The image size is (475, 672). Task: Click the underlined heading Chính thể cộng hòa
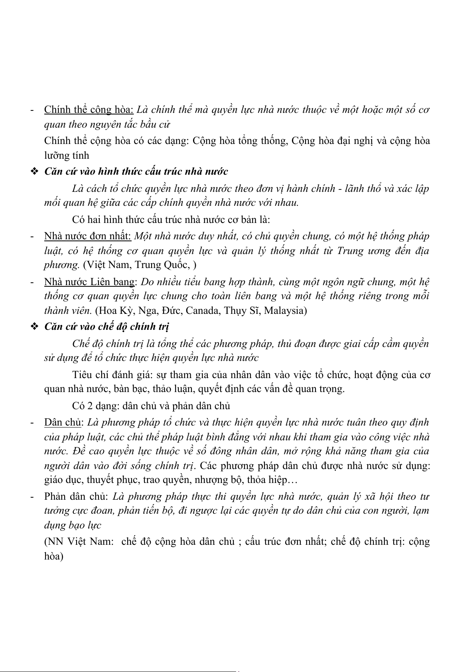coord(89,110)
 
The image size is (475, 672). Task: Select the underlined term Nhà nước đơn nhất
coord(88,236)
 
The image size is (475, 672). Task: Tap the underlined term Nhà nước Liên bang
coord(89,282)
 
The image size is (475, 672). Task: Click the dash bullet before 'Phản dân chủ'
coord(32,497)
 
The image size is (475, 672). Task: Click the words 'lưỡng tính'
coord(67,155)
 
